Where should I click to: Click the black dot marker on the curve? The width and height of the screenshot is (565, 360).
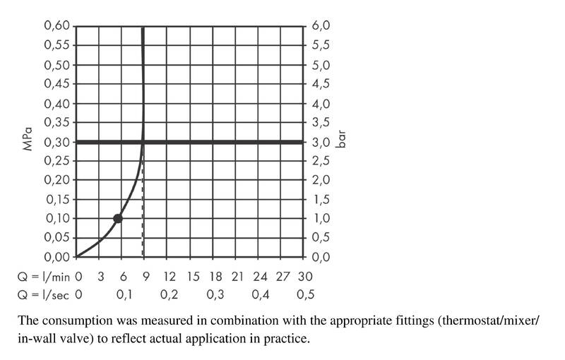(118, 218)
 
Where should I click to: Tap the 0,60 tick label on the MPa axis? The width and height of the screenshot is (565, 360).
(56, 26)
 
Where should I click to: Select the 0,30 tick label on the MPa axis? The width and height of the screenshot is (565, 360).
(56, 142)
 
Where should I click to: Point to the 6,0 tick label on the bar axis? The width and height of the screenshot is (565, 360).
(321, 26)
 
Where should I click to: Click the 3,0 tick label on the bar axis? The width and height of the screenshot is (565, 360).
(321, 142)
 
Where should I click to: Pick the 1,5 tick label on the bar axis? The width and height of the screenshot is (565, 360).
(321, 200)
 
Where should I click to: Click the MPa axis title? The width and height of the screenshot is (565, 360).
(27, 141)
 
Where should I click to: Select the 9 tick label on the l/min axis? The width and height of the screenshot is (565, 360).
(145, 275)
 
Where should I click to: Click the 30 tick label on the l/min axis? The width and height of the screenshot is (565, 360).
(305, 275)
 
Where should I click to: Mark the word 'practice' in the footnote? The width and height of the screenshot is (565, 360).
(287, 339)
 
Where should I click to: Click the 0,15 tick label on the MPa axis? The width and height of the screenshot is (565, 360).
(56, 200)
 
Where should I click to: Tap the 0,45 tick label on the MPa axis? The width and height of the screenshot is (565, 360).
(56, 84)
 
